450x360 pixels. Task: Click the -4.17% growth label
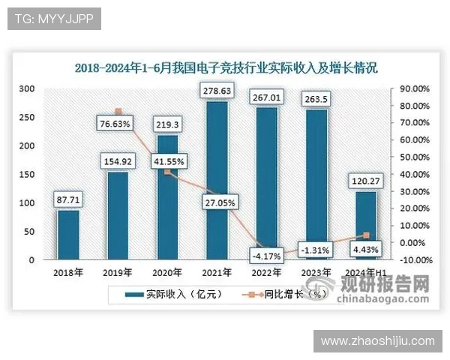[267, 256]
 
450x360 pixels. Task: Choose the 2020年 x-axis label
[167, 272]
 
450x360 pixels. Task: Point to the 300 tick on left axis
[28, 88]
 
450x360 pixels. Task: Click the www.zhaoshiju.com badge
[377, 341]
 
